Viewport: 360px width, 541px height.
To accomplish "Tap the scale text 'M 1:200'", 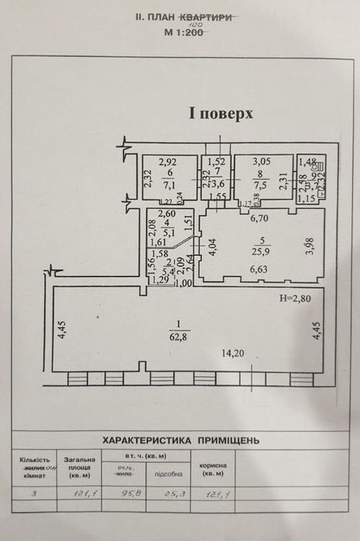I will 183,33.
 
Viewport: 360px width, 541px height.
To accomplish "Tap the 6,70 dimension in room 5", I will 258,219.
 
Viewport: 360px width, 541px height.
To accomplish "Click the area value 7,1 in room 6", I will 168,185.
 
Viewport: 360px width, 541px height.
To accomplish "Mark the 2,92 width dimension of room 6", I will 168,163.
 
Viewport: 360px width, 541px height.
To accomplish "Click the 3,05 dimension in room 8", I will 257,163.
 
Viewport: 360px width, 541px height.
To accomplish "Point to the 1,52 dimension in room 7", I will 218,162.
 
